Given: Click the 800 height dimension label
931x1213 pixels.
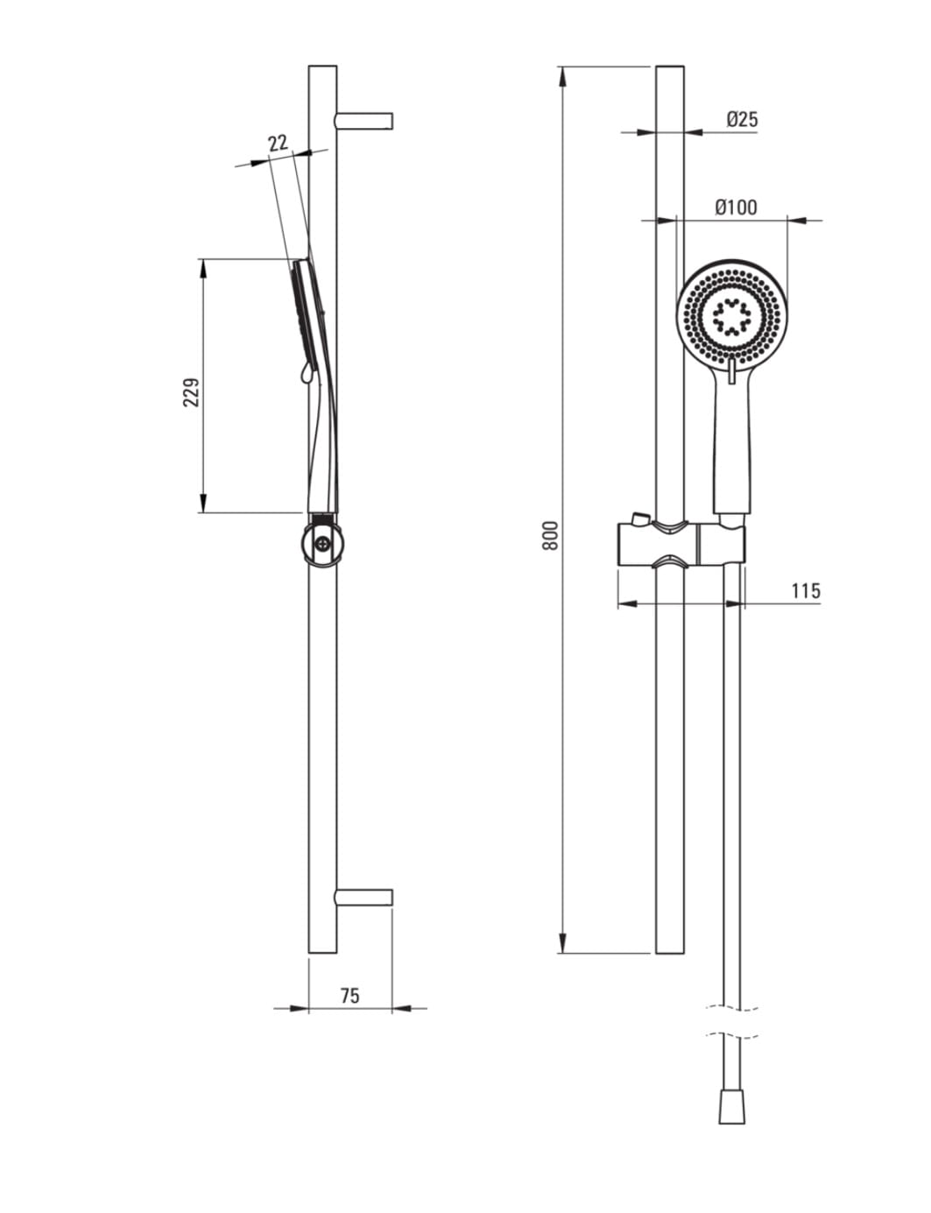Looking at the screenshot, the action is (x=550, y=535).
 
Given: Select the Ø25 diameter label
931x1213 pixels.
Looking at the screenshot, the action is (x=742, y=119).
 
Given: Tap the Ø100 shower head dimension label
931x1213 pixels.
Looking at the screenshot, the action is (x=737, y=207).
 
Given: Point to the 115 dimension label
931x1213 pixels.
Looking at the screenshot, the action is (x=806, y=590).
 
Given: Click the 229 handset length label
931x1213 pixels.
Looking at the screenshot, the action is (x=192, y=391).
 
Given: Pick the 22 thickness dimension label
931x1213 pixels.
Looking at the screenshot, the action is (x=278, y=143).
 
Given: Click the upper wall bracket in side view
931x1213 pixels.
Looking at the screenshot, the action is (x=364, y=121).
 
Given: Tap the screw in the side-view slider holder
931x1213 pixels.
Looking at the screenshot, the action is (x=322, y=543).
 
